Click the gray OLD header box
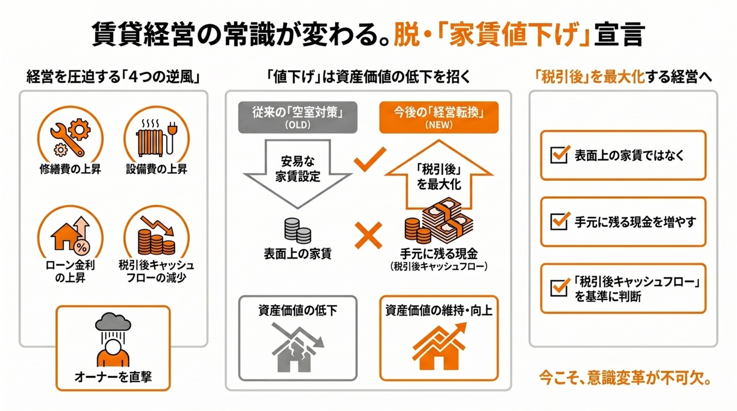pos(298,118)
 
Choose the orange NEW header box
pos(439,118)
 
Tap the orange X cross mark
pos(368,236)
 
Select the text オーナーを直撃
pos(113,378)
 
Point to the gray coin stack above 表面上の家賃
pos(297,231)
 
